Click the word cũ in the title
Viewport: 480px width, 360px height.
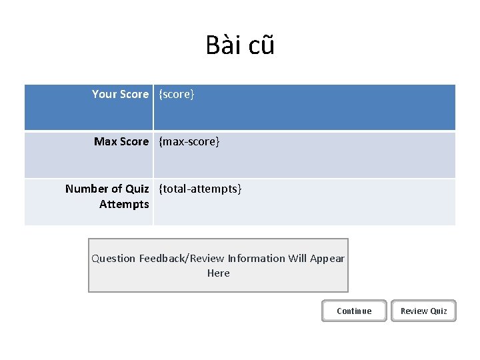point(260,45)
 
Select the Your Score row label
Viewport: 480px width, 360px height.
point(120,95)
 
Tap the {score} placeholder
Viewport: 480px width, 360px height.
point(177,95)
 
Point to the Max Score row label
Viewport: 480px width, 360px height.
point(121,141)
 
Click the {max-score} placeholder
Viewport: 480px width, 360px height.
point(189,141)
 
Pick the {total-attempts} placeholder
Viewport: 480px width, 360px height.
point(200,189)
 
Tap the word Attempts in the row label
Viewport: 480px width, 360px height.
point(124,204)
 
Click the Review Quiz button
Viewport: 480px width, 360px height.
point(423,311)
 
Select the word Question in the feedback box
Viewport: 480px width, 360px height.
point(113,259)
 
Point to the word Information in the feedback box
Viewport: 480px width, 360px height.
point(257,259)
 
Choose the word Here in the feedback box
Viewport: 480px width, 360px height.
point(218,273)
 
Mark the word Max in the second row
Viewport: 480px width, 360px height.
point(105,141)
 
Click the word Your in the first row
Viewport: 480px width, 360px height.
point(104,95)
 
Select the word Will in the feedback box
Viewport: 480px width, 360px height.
point(297,259)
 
